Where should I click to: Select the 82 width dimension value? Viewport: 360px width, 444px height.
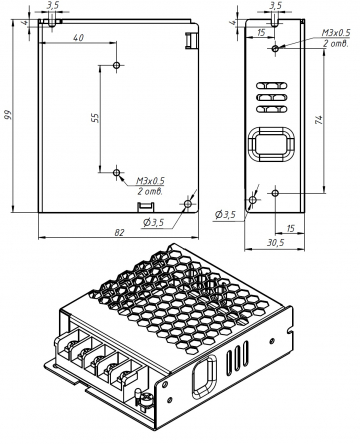tap(119, 232)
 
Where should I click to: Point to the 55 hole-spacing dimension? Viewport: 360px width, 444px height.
tap(95, 118)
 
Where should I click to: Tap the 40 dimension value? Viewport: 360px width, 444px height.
tap(78, 38)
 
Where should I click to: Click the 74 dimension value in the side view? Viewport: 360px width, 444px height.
tap(318, 120)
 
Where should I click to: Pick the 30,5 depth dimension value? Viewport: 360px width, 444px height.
tap(275, 243)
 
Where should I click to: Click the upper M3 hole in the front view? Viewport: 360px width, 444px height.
tap(116, 65)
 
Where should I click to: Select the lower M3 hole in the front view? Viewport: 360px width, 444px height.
tap(116, 173)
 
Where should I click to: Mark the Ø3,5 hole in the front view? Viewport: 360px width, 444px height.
tap(188, 204)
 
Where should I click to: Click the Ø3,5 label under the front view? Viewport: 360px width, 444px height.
tap(154, 222)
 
